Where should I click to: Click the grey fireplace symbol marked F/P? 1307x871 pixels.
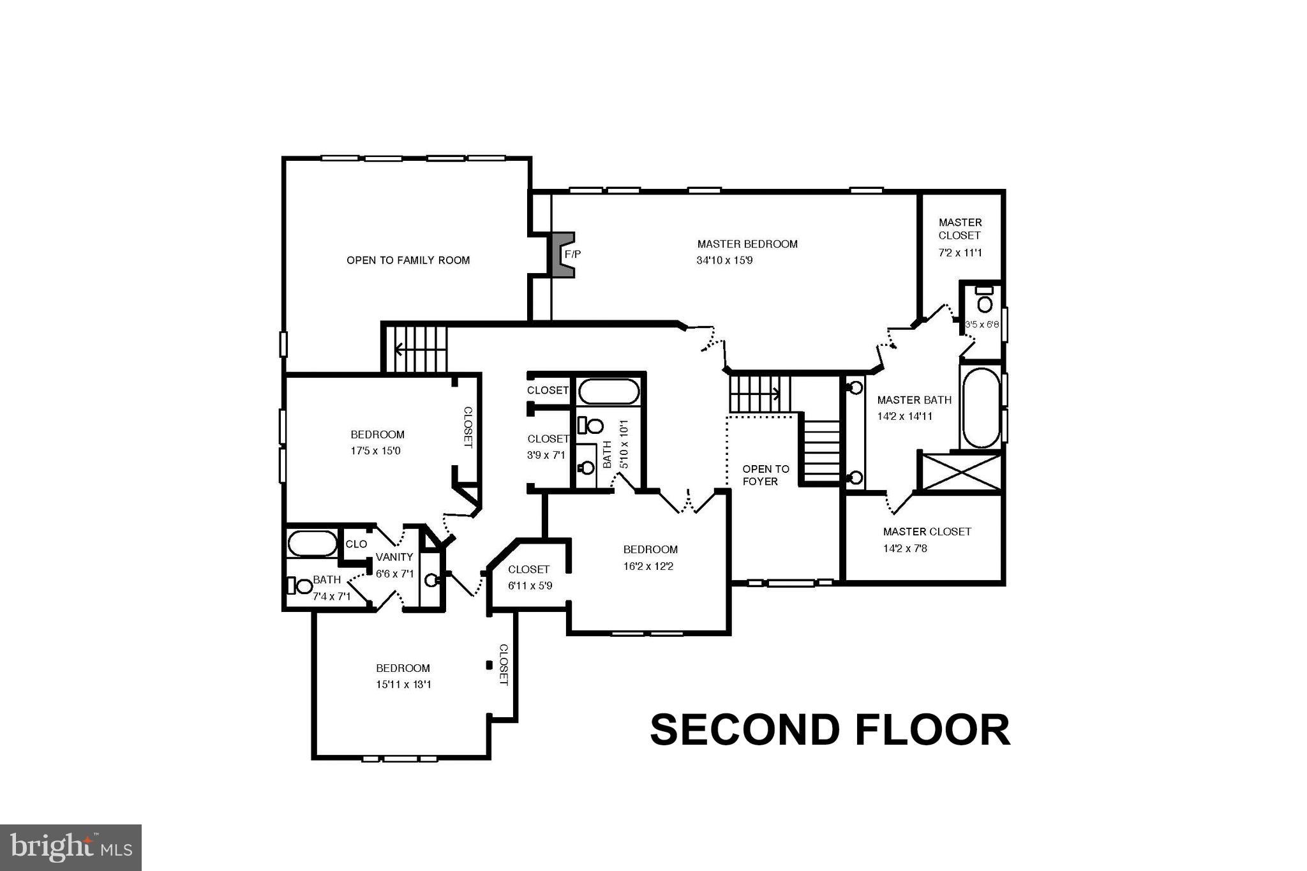click(562, 255)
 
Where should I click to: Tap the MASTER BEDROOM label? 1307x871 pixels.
click(747, 244)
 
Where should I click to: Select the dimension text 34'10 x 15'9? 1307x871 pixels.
click(724, 260)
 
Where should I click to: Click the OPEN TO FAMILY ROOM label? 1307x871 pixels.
click(408, 260)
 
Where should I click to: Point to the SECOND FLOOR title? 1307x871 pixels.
click(830, 730)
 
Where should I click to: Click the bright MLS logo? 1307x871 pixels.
click(71, 847)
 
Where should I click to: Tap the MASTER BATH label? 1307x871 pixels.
click(914, 400)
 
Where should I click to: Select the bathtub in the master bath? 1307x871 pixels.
click(981, 408)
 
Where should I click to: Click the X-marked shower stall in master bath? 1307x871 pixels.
click(962, 472)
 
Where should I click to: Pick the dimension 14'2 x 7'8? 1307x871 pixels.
click(905, 548)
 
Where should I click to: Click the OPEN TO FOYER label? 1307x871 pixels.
click(765, 475)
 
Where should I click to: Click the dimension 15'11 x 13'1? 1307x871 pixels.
click(403, 685)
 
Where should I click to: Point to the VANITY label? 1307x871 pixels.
click(394, 557)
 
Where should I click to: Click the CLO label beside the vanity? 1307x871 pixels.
click(356, 544)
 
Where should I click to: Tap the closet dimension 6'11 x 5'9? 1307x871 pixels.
click(530, 585)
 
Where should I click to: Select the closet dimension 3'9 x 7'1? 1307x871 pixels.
click(546, 455)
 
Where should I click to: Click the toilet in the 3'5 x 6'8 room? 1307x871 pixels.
click(985, 302)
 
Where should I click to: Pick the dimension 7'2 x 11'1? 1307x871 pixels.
click(960, 253)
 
